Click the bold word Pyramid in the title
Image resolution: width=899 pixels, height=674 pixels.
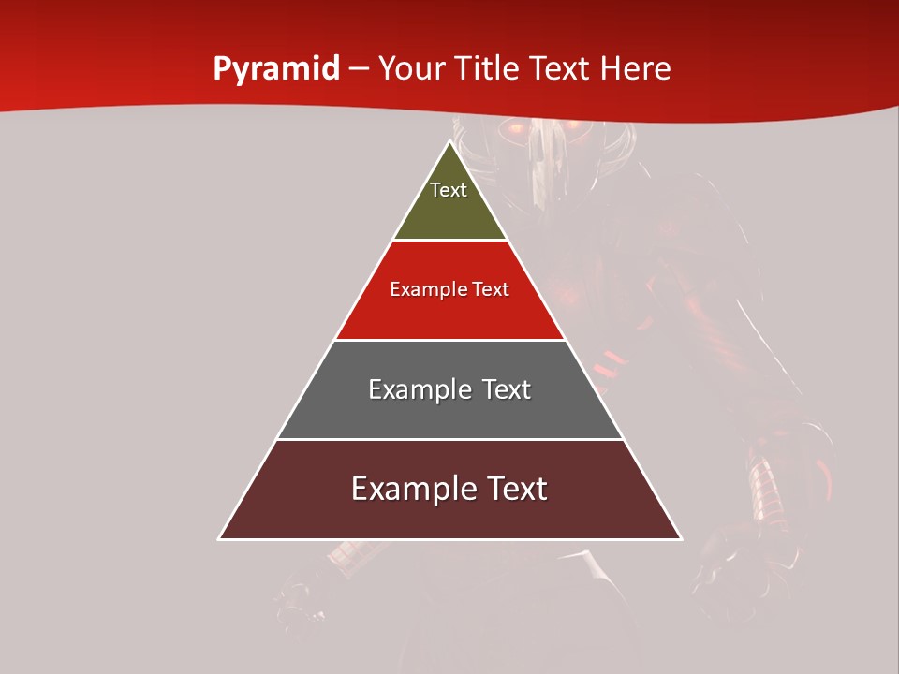point(275,69)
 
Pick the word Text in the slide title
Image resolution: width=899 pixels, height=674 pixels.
point(561,68)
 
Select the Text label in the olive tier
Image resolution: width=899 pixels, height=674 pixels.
point(449,190)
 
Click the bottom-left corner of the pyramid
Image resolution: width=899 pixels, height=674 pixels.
point(219,539)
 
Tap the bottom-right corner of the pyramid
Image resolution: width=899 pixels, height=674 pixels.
point(681,539)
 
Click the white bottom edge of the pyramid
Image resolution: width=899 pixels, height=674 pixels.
point(450,539)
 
